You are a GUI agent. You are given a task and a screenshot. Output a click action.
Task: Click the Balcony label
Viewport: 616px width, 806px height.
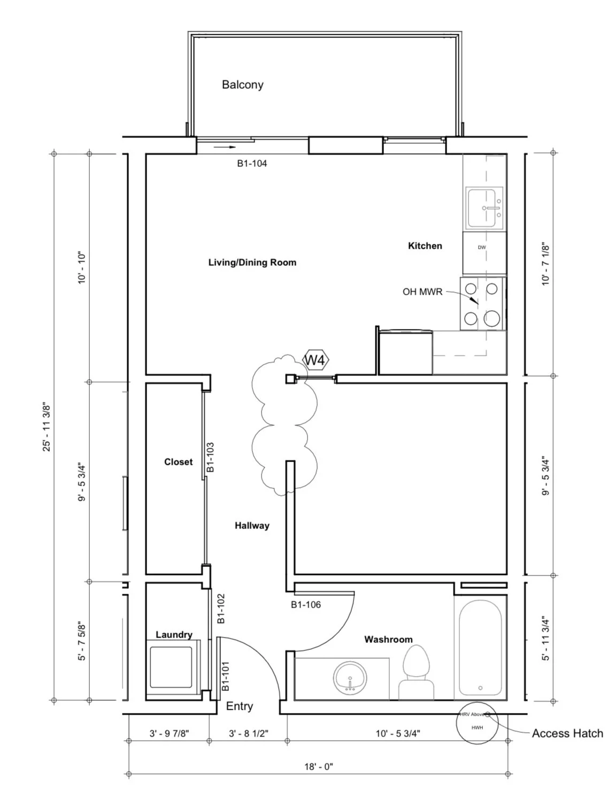(242, 85)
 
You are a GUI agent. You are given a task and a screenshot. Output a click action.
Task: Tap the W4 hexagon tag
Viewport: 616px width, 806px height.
(315, 360)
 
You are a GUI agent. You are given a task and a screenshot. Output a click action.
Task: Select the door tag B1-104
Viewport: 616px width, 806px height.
(252, 164)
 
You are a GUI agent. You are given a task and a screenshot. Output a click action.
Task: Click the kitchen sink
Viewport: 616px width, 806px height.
(484, 208)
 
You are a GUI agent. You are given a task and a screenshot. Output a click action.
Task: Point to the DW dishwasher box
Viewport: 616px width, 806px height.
(482, 248)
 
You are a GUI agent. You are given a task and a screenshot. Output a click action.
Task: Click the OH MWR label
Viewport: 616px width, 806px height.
(422, 292)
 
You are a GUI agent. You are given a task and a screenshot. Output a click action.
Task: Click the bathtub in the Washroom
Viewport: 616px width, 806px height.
(480, 646)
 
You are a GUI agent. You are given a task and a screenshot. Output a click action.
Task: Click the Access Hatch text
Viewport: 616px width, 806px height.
(567, 733)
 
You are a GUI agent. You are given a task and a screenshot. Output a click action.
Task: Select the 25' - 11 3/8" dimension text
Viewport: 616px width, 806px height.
(48, 426)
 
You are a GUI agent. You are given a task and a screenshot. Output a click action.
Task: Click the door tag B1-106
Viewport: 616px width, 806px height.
(306, 605)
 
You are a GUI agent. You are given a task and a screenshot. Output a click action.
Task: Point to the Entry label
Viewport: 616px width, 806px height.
(239, 706)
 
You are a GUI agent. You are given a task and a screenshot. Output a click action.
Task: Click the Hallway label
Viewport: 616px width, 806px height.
(252, 526)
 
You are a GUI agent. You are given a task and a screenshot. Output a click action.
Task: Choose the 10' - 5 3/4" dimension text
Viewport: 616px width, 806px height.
(397, 734)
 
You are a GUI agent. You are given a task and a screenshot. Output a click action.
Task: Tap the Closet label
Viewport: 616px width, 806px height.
(178, 462)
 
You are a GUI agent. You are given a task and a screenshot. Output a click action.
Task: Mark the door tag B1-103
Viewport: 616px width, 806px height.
(210, 457)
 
